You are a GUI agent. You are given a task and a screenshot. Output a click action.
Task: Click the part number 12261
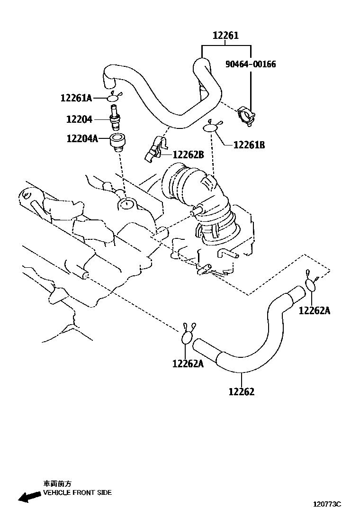tap(225, 36)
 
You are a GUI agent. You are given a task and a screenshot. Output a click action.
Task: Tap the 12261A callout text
tap(76, 98)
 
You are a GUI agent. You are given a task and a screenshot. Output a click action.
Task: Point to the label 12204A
tap(81, 138)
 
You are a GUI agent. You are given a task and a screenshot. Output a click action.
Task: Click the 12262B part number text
tap(188, 154)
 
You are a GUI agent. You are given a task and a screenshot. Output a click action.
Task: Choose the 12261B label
tap(249, 145)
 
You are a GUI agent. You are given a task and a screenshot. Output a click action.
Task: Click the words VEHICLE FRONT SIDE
tap(78, 492)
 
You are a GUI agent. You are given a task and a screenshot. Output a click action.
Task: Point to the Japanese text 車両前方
tap(58, 484)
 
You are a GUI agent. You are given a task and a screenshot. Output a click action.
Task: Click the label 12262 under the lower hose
tap(241, 391)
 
